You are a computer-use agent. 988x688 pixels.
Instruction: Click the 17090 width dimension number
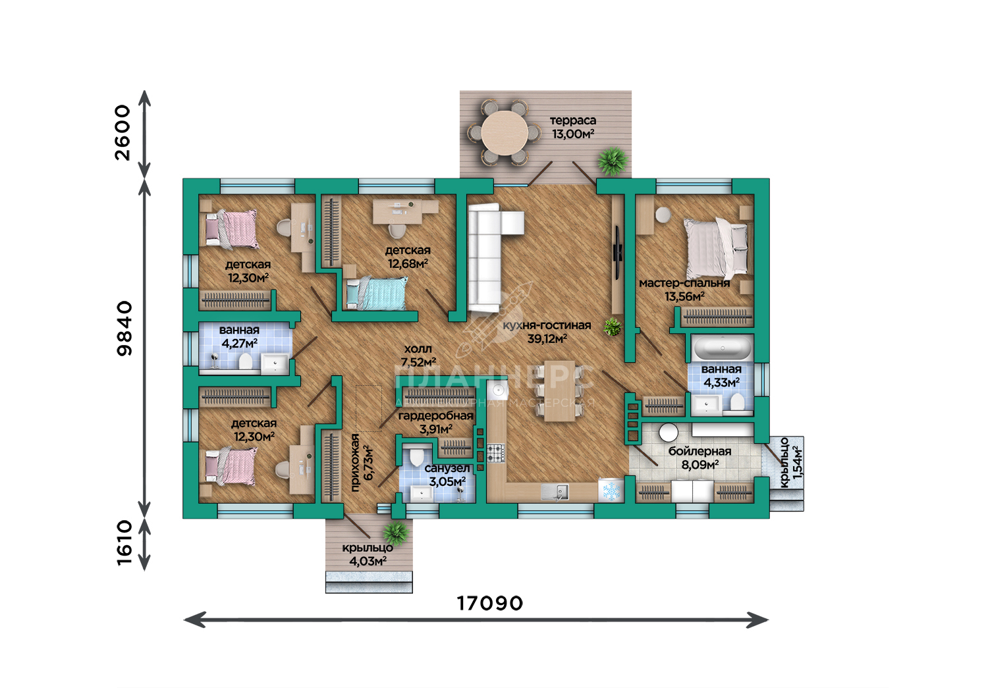[x=489, y=603]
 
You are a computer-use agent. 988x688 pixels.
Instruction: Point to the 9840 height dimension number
[x=124, y=328]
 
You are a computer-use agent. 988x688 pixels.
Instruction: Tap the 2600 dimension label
[x=123, y=133]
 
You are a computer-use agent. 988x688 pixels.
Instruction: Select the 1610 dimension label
[x=124, y=542]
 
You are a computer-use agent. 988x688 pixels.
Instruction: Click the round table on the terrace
[x=504, y=133]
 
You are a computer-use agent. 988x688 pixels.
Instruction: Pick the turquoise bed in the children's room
[x=377, y=293]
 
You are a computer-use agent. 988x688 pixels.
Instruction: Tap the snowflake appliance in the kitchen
[x=611, y=490]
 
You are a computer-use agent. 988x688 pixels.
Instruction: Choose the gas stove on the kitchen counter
[x=496, y=453]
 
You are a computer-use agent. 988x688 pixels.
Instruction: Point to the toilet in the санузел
[x=416, y=456]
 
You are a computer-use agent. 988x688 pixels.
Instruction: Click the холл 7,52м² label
[x=418, y=356]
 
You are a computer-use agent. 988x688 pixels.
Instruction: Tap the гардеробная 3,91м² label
[x=436, y=422]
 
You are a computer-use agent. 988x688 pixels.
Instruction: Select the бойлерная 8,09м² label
[x=700, y=458]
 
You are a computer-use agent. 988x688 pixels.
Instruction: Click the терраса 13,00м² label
[x=573, y=127]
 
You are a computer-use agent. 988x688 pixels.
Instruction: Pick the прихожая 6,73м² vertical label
[x=362, y=462]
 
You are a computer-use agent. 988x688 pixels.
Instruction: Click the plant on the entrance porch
[x=396, y=534]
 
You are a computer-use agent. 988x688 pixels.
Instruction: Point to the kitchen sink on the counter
[x=555, y=492]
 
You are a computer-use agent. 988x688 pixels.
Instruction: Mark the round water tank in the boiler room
[x=669, y=433]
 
